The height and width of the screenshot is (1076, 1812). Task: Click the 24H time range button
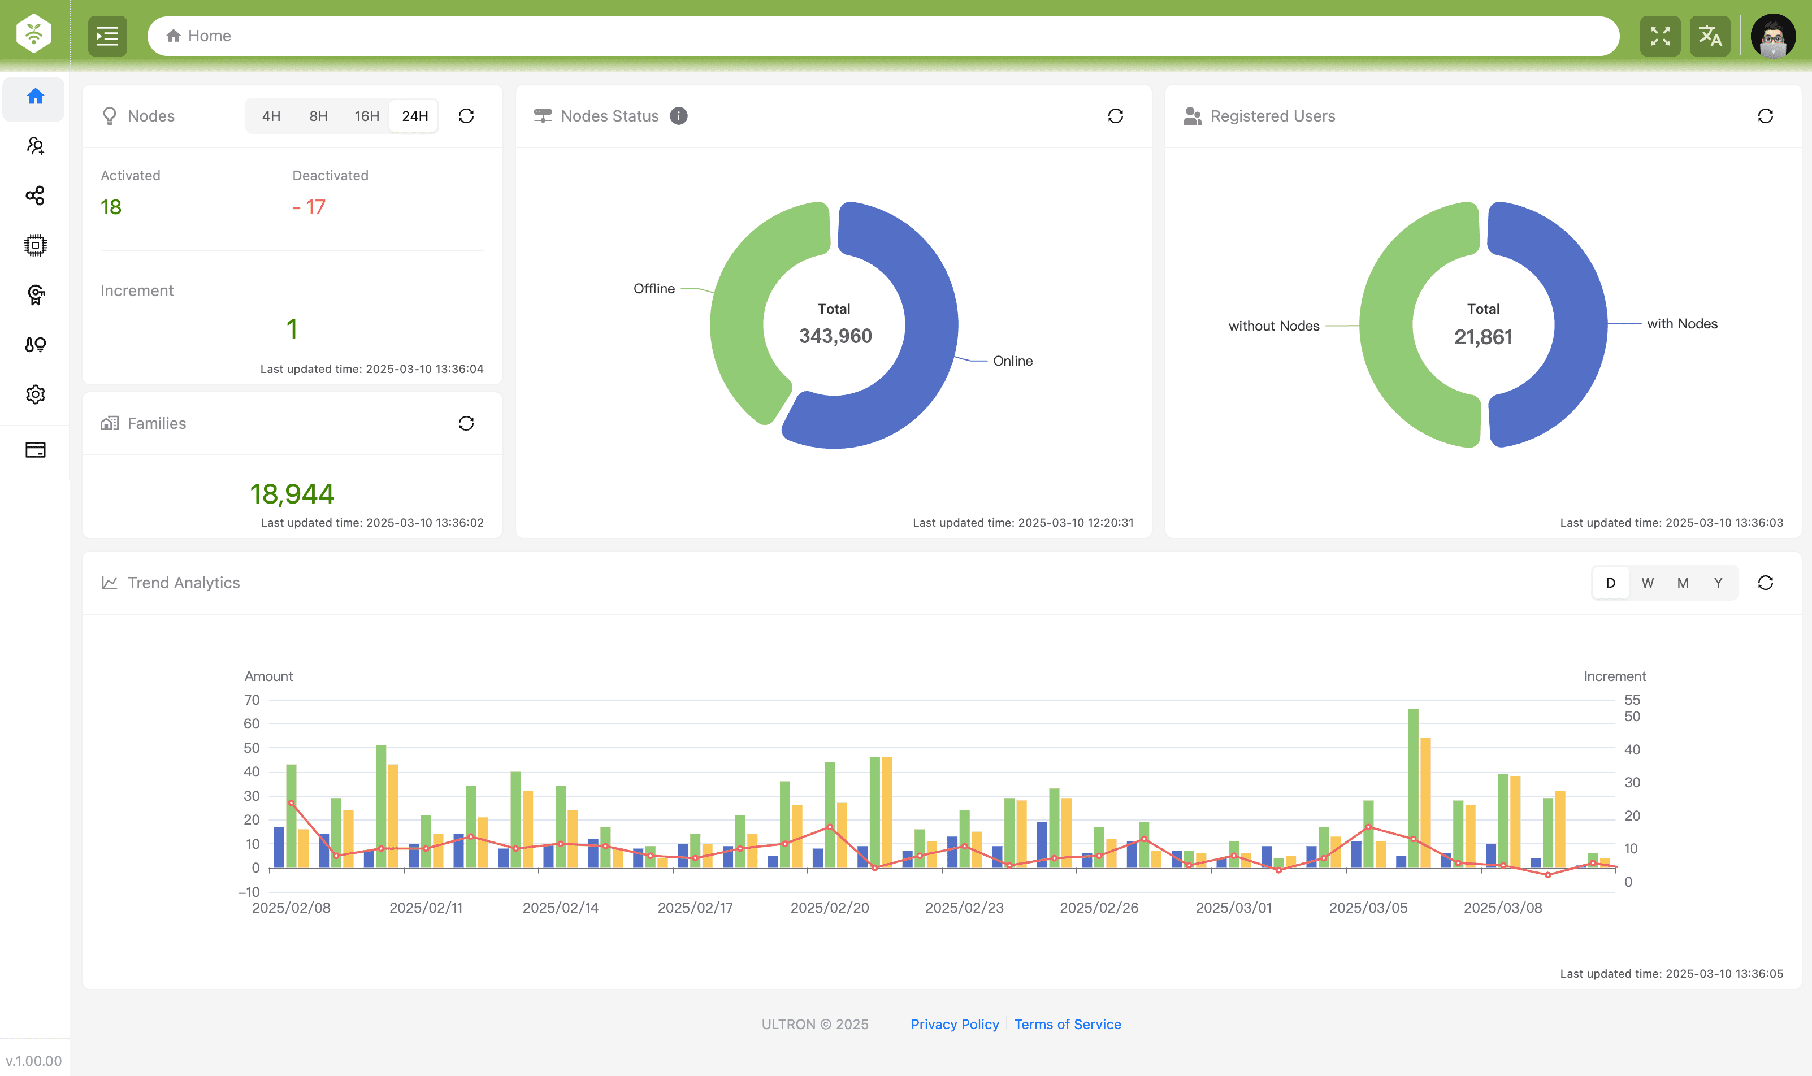(414, 116)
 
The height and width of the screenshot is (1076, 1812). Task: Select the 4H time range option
(271, 116)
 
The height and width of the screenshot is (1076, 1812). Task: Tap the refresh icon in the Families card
(466, 423)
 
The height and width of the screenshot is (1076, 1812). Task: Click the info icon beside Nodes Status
(679, 116)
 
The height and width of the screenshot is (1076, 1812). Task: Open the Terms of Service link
(1067, 1024)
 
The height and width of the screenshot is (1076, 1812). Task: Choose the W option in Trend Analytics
(1648, 583)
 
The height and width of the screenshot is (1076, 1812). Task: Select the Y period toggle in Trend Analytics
(1718, 583)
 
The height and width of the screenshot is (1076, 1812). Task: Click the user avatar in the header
(1773, 36)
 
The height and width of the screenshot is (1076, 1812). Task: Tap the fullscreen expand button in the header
(1660, 36)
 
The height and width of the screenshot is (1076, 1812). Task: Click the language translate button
(1710, 36)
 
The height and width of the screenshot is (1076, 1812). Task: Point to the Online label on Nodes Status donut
(1012, 361)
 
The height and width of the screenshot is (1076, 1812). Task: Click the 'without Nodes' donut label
(1273, 326)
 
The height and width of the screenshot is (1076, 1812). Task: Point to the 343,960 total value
(835, 336)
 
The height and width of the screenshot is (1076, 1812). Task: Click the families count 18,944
(292, 494)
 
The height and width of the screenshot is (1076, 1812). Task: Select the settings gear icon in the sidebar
(35, 394)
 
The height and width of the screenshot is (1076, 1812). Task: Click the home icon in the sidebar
(35, 97)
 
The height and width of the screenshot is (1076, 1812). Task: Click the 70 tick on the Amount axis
(252, 700)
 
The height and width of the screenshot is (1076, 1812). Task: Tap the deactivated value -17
(309, 207)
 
